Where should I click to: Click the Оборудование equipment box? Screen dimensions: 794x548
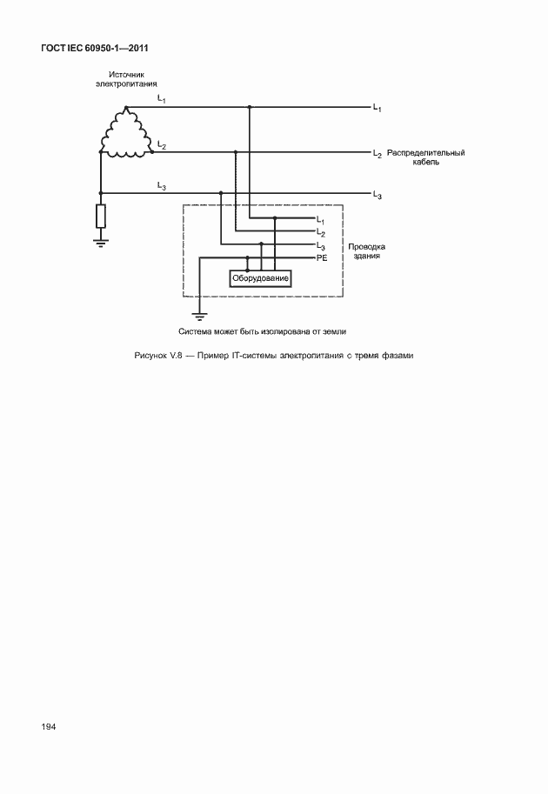pos(259,278)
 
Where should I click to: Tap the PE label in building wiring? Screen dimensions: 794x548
pos(322,258)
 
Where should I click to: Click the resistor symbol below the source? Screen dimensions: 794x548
pos(101,215)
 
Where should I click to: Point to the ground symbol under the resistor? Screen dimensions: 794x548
pos(101,242)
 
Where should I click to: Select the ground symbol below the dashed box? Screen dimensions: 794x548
pos(200,317)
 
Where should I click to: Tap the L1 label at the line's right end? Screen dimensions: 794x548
pos(377,107)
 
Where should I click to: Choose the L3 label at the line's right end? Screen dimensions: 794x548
pos(377,194)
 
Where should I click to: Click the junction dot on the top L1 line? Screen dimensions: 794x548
pos(249,107)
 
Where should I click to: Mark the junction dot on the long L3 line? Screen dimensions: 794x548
pos(221,192)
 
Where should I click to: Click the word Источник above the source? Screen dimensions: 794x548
pos(125,75)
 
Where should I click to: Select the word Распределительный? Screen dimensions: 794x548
pos(425,152)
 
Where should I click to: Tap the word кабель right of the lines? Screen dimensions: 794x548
pos(425,162)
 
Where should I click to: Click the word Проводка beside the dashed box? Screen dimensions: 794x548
pos(366,246)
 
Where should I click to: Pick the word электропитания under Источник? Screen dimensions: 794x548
pos(125,84)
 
